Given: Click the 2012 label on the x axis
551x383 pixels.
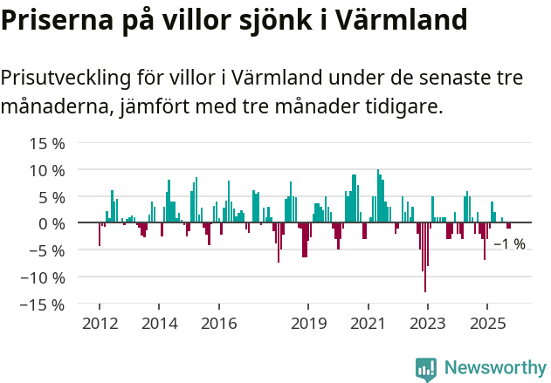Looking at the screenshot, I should (99, 324).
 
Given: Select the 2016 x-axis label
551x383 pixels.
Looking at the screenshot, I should (218, 324).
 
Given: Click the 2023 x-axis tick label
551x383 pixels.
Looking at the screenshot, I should (427, 324).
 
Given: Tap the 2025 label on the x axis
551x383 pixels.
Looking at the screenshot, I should (486, 324).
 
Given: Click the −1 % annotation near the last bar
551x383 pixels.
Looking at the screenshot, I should (509, 244).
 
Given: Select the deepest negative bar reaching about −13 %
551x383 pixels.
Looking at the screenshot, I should (425, 262).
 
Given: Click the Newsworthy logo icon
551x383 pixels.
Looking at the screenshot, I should (426, 369).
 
